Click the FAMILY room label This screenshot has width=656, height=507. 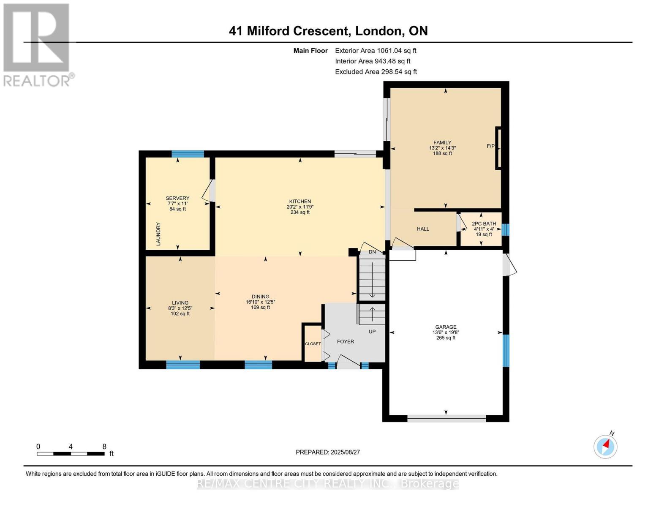[x=442, y=142]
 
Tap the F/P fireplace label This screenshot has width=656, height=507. [x=490, y=146]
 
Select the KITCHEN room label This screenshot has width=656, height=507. [x=300, y=202]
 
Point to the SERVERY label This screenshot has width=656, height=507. [x=177, y=198]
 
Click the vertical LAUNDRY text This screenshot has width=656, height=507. [x=158, y=234]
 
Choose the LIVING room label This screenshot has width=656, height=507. [x=180, y=303]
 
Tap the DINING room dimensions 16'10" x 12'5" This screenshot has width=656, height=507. [x=260, y=302]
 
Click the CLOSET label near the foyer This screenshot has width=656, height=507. [x=313, y=344]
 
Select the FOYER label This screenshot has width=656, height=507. [x=345, y=341]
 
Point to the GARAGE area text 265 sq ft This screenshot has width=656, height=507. [x=446, y=338]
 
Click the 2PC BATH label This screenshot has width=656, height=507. [x=484, y=224]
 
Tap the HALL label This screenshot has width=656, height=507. [x=423, y=229]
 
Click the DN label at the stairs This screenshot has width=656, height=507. [x=372, y=252]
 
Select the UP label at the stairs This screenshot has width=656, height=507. [x=372, y=332]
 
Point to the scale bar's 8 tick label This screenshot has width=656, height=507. [x=104, y=447]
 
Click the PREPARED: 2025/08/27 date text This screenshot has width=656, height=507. [x=328, y=452]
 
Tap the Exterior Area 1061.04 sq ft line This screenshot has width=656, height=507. [x=376, y=51]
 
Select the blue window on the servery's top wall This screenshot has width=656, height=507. [x=188, y=154]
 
